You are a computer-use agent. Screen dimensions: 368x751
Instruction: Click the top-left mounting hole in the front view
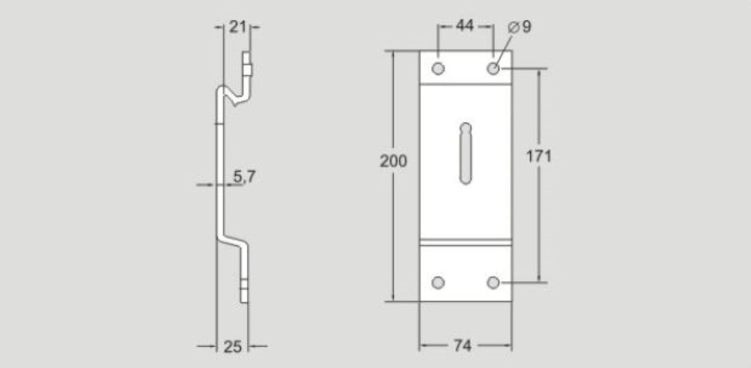[438, 68]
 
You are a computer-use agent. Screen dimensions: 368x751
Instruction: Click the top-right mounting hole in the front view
[493, 68]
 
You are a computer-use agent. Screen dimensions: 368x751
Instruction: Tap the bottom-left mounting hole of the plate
[438, 283]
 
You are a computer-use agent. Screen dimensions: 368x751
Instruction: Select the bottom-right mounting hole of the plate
[493, 283]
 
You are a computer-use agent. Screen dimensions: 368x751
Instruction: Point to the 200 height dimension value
[393, 161]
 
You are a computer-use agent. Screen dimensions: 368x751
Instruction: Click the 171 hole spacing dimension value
[539, 156]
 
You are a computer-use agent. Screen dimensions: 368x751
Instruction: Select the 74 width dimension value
[465, 346]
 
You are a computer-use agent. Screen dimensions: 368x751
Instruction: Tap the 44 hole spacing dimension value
[465, 26]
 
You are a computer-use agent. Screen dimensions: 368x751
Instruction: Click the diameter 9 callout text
[519, 27]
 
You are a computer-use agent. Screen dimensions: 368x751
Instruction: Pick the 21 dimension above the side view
[238, 27]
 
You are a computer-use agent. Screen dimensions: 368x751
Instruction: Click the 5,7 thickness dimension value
[244, 178]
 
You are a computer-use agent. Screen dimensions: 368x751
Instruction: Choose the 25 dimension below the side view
[232, 346]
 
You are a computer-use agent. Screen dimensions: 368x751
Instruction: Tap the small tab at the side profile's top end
[247, 65]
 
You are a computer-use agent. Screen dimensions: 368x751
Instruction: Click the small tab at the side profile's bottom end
[244, 291]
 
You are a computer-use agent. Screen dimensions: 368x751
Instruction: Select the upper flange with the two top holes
[465, 67]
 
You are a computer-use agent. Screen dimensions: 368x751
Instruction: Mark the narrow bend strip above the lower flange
[465, 242]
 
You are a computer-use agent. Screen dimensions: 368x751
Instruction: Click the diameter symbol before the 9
[513, 27]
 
